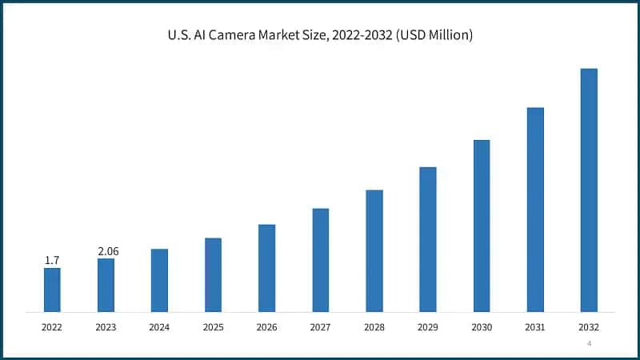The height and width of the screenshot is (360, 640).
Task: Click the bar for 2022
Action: pos(52,290)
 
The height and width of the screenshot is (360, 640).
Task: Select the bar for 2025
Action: pos(213,274)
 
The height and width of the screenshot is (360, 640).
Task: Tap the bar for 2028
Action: pos(374,250)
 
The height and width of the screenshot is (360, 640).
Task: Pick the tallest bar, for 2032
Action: pos(589,190)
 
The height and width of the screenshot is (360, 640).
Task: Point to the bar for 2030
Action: pos(482,226)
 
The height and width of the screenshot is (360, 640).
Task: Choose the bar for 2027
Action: pos(321,260)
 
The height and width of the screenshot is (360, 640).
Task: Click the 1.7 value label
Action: pos(52,260)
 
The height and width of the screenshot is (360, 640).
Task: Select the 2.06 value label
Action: pos(108,251)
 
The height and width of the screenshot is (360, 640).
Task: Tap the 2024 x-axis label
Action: pos(159,327)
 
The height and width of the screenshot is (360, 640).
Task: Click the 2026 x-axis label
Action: pos(266,327)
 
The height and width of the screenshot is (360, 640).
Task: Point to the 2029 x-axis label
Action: pos(427,327)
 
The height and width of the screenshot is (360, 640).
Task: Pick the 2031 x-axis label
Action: pos(535,327)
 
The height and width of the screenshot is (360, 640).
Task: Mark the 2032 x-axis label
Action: pos(589,327)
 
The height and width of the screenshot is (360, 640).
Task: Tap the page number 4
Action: pos(589,343)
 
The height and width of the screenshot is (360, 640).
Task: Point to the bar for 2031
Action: pos(535,210)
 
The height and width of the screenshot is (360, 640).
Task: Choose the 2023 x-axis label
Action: pos(106,327)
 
